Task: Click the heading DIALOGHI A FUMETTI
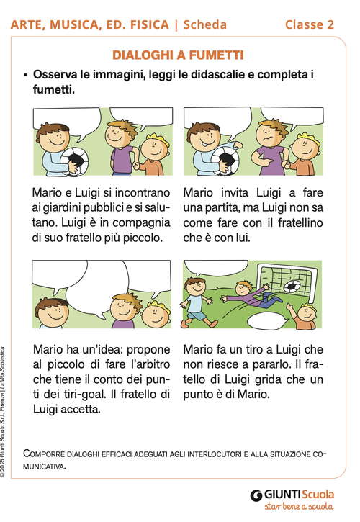[178, 55]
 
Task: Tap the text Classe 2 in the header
[309, 24]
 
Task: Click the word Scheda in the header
[205, 24]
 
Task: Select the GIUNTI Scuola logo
[292, 495]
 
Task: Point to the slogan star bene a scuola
[297, 508]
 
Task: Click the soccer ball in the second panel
[225, 161]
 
